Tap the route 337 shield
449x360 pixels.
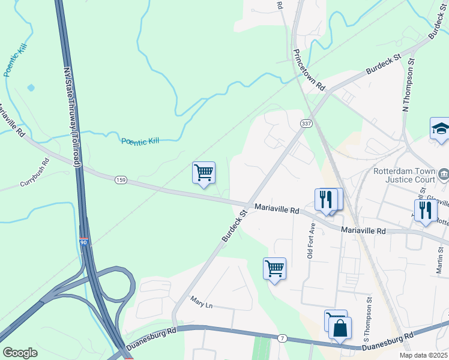pos(306,123)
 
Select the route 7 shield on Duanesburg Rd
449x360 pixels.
pos(282,339)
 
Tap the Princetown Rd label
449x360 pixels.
pos(309,68)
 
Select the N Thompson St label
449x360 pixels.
pos(409,85)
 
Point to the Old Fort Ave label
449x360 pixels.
pos(311,240)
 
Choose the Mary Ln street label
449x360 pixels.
pos(202,305)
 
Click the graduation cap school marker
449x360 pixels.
pos(440,129)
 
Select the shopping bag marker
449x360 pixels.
pos(340,328)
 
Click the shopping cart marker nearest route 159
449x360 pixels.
pos(204,173)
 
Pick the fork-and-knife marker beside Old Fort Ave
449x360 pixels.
pos(325,199)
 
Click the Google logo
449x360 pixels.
pos(20,353)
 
